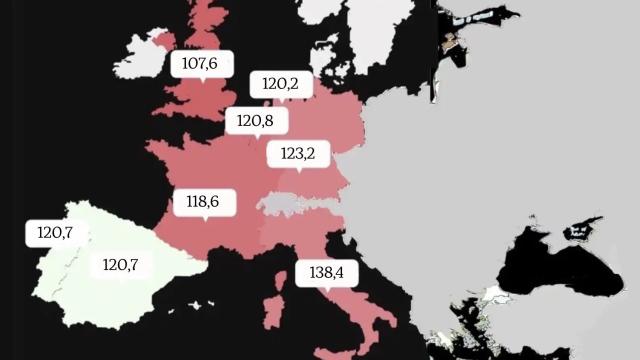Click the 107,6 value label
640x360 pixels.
tap(201, 64)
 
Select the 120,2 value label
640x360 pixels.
tap(280, 85)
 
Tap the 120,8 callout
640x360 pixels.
tap(256, 122)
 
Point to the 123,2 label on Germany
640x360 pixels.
tap(298, 154)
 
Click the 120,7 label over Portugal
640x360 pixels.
tap(56, 233)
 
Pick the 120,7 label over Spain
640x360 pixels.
tap(121, 265)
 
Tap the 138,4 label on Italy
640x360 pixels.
tap(326, 272)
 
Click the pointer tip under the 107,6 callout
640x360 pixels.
tap(203, 81)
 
